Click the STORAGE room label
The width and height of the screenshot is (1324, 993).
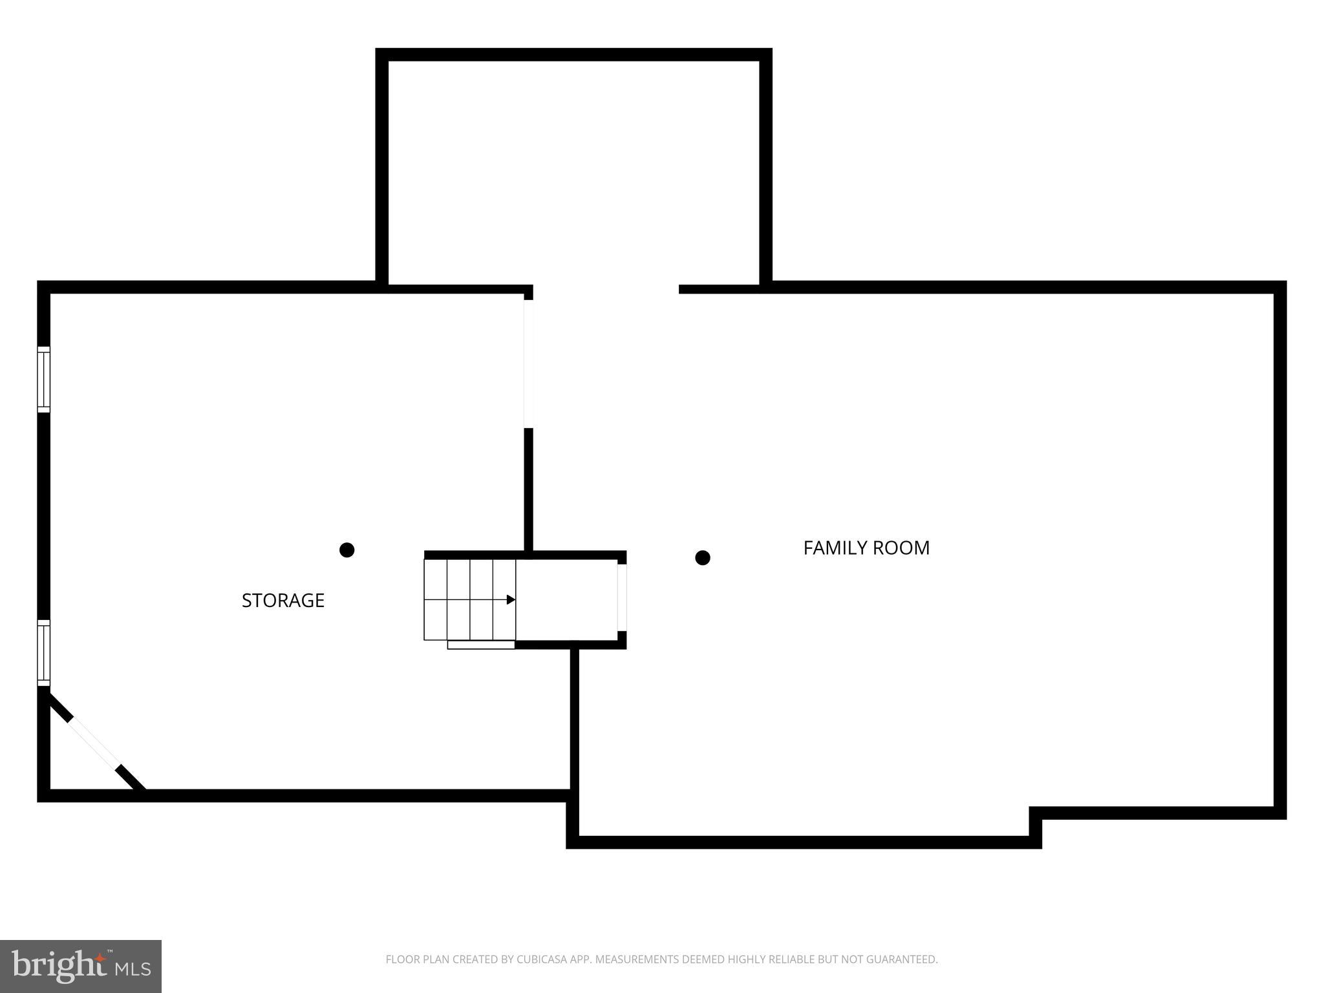(283, 601)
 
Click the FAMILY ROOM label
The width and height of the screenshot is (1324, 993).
(866, 548)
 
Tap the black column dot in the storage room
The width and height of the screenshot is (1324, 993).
(347, 550)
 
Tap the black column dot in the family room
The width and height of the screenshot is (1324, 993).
(703, 558)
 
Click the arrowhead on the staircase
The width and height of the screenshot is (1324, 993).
(511, 600)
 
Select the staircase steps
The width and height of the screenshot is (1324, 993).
(469, 599)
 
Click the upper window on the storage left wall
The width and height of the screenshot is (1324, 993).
(43, 379)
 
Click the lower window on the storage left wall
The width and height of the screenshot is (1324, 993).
(43, 652)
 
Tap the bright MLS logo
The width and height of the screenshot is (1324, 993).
(80, 966)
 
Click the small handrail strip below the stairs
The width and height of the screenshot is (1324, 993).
(481, 645)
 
